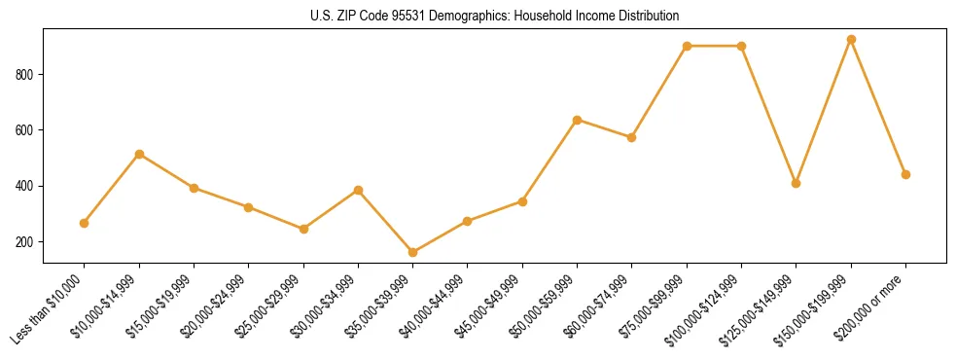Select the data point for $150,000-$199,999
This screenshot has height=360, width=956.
pyautogui.click(x=851, y=40)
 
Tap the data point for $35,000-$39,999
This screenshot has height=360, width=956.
pyautogui.click(x=413, y=253)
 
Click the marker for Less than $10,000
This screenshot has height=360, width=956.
pyautogui.click(x=85, y=223)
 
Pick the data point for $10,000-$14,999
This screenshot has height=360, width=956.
pyautogui.click(x=140, y=154)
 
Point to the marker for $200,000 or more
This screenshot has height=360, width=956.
pyautogui.click(x=905, y=174)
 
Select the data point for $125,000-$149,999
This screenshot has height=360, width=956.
pyautogui.click(x=797, y=183)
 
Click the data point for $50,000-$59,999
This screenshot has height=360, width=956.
pyautogui.click(x=578, y=120)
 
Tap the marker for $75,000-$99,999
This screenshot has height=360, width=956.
pyautogui.click(x=687, y=46)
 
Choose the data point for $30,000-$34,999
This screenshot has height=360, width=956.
pyautogui.click(x=359, y=190)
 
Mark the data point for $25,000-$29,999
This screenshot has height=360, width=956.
pyautogui.click(x=304, y=229)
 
